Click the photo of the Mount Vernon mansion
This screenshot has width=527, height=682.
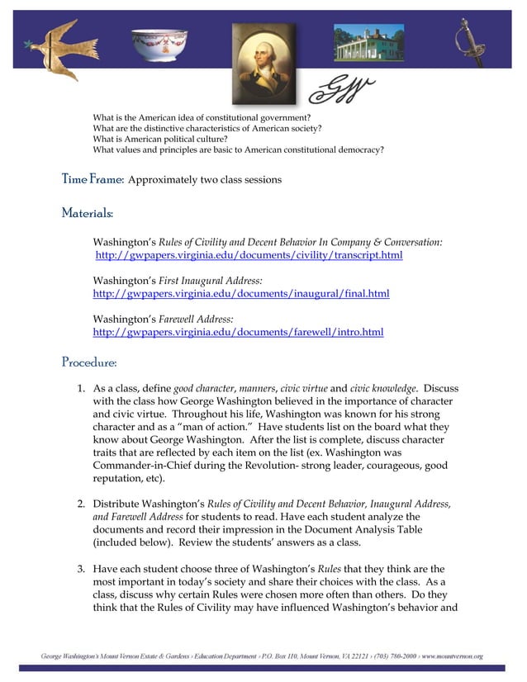[x=368, y=42]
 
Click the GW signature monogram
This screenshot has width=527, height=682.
[x=340, y=87]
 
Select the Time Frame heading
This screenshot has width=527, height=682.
[x=93, y=179]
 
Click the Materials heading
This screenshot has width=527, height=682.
[x=87, y=213]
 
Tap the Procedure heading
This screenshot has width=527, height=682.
[x=89, y=362]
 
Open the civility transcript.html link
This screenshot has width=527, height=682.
[x=249, y=255]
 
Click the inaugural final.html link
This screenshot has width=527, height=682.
[x=240, y=293]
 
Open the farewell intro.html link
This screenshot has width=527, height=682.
[x=238, y=332]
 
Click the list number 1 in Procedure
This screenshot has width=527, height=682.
[x=81, y=388]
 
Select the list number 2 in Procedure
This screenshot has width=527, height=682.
[x=81, y=504]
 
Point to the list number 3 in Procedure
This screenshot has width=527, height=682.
[x=81, y=569]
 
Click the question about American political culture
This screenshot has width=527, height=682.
[x=160, y=139]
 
